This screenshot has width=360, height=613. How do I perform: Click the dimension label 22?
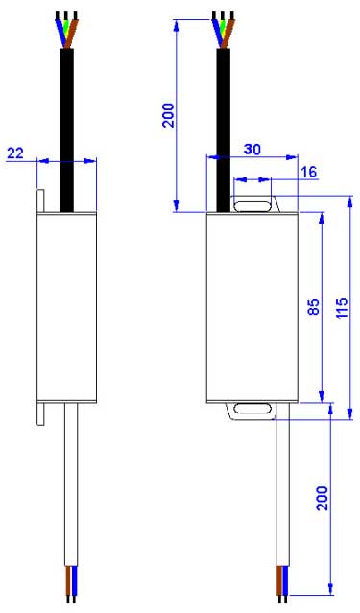15,153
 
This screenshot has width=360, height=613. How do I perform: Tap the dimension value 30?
252,149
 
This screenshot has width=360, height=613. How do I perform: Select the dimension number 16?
309,172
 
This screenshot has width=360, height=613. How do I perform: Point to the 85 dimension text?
313,307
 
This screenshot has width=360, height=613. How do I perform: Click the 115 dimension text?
342,308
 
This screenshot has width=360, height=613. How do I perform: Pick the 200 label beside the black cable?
168,115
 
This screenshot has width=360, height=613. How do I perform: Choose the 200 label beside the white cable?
322,498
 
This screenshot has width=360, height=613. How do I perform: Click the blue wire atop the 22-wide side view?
60,32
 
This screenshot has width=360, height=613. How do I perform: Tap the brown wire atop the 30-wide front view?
228,34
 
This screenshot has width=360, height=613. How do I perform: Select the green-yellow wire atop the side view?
66,31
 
